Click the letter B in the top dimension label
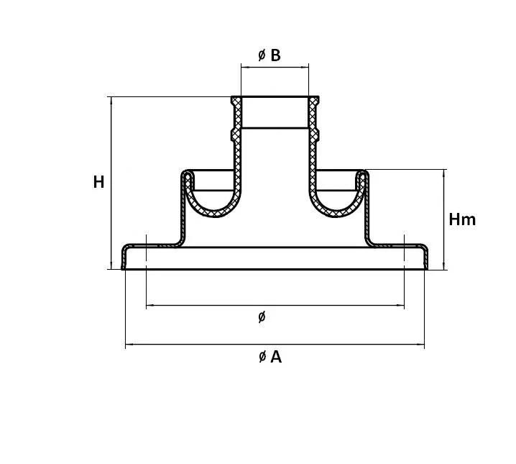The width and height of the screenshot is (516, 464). click(x=275, y=55)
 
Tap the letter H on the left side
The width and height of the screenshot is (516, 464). click(x=98, y=182)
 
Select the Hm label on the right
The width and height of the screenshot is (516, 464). click(x=462, y=219)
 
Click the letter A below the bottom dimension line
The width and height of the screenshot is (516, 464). click(x=276, y=357)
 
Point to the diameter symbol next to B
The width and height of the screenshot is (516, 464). click(x=262, y=55)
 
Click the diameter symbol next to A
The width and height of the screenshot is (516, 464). click(x=262, y=357)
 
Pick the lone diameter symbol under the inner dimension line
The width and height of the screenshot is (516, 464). click(x=262, y=317)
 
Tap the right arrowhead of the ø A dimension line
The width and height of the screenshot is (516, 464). click(x=420, y=345)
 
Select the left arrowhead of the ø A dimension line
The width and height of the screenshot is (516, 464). click(x=129, y=345)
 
